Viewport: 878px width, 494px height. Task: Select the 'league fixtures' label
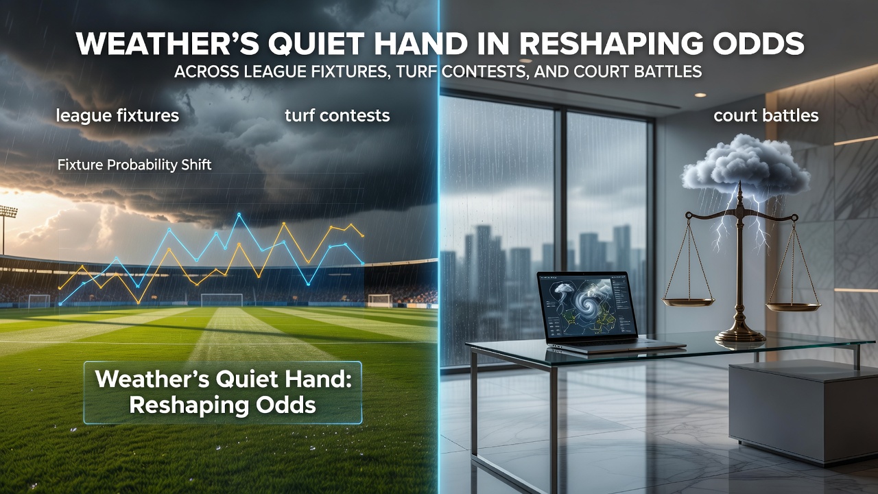coord(117,116)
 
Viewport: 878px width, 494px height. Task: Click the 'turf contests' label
coord(337,115)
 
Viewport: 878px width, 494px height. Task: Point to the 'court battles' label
coord(766,116)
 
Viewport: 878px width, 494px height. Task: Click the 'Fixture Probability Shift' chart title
coord(134,165)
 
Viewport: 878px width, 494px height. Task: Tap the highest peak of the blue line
coord(239,215)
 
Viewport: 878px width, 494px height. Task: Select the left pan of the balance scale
coord(688,303)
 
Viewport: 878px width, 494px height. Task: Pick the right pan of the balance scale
coord(793,307)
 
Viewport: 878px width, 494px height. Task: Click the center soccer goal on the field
coord(222,300)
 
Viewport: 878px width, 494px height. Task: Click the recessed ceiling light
coord(700,95)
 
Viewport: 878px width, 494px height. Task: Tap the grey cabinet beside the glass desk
coord(803,412)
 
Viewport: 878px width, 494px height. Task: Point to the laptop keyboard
coord(615,344)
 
